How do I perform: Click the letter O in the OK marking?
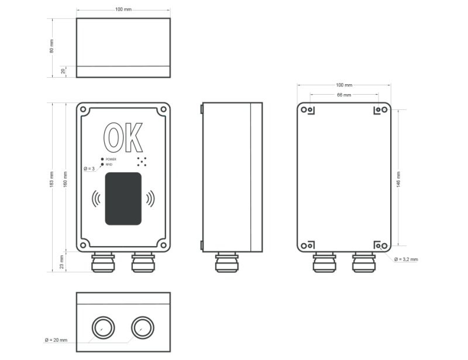pyautogui.click(x=112, y=138)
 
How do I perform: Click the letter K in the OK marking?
pyautogui.click(x=133, y=138)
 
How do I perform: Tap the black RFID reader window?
pyautogui.click(x=123, y=199)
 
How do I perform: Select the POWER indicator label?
pyautogui.click(x=111, y=159)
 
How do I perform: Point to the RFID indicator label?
pyautogui.click(x=109, y=165)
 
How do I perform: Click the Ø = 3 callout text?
pyautogui.click(x=89, y=168)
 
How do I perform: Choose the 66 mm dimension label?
pyautogui.click(x=344, y=95)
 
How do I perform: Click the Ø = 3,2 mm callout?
pyautogui.click(x=406, y=258)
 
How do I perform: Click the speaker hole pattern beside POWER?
pyautogui.click(x=141, y=161)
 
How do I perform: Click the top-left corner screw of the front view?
pyautogui.click(x=84, y=109)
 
